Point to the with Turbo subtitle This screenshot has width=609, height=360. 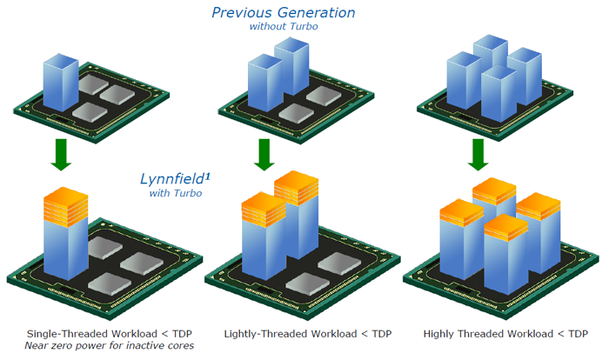176,193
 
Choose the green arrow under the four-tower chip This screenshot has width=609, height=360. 477,155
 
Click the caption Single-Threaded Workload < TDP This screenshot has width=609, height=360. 109,333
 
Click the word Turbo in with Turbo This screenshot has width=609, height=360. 188,193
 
